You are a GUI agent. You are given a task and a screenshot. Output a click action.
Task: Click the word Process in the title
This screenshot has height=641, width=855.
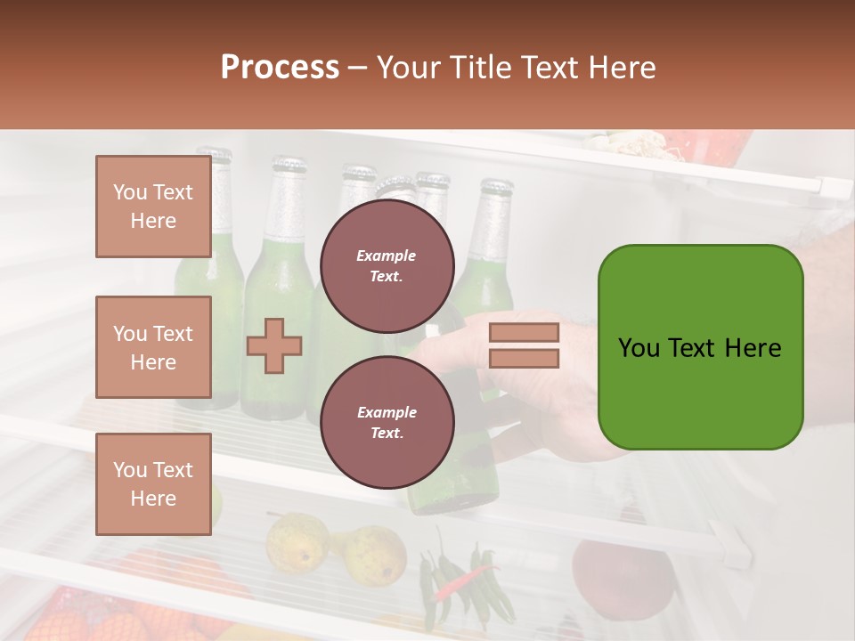[x=280, y=67]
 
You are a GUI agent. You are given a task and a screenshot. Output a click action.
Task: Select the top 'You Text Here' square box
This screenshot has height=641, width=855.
[x=153, y=207]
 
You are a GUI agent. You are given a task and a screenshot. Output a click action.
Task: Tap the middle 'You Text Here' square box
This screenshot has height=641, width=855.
[x=153, y=347]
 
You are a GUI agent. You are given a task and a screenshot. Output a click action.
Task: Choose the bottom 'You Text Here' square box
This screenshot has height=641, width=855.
[x=153, y=483]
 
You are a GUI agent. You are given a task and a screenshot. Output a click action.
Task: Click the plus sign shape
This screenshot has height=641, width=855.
[x=274, y=345]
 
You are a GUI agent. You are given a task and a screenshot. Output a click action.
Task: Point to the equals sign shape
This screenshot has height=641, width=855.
[x=524, y=345]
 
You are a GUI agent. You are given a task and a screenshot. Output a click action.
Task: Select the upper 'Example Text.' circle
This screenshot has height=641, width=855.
[x=387, y=265]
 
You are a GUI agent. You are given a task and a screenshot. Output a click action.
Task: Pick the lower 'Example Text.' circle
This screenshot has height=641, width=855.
[x=387, y=422]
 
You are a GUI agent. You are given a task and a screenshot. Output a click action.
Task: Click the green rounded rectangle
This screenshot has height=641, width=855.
[x=700, y=347]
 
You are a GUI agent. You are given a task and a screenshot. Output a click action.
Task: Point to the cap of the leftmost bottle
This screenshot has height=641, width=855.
[x=215, y=153]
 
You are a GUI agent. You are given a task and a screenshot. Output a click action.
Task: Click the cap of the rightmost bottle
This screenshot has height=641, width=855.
[x=496, y=187]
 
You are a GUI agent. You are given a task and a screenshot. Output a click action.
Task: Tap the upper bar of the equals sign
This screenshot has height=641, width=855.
[x=524, y=332]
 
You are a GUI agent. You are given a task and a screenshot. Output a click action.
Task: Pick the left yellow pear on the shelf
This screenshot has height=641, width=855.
[x=297, y=543]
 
